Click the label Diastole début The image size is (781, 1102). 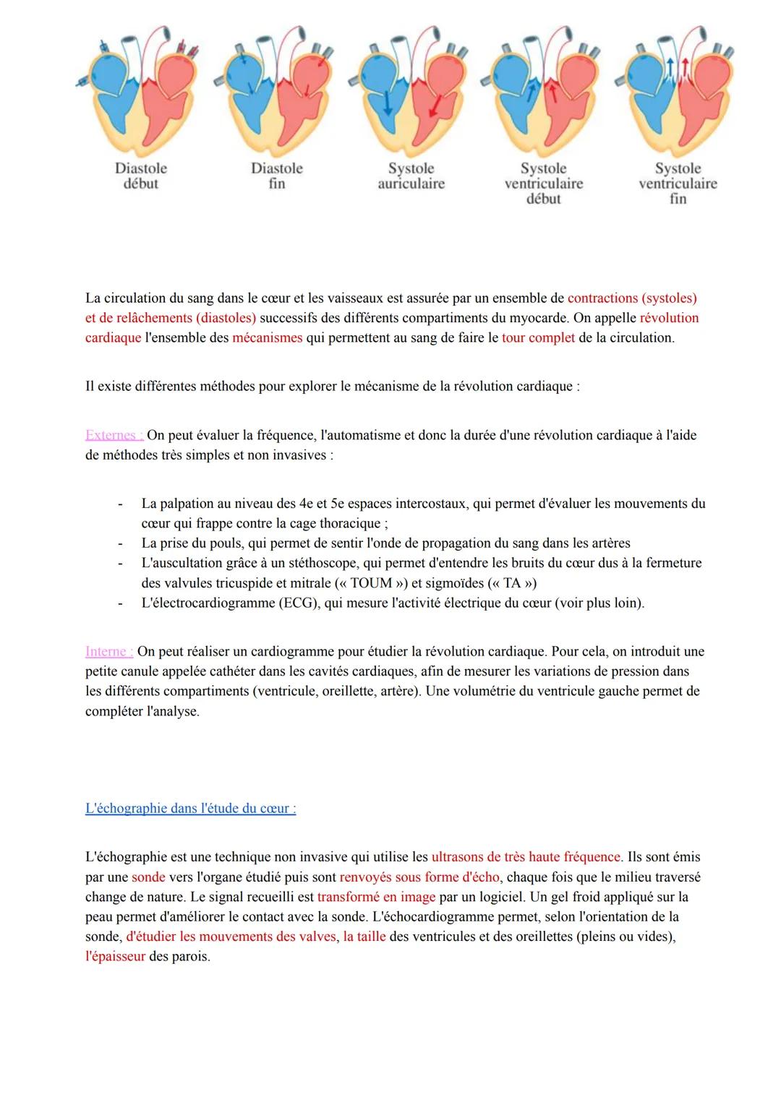pos(140,176)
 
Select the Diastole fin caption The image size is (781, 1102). pos(276,176)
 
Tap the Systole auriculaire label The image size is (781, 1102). pos(411,176)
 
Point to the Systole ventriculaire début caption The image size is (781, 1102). pos(543,184)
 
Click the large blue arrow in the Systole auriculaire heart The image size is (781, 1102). pos(387,103)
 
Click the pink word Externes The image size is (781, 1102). pos(114,435)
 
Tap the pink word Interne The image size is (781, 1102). pos(108,652)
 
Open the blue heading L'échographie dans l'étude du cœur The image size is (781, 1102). pos(190,809)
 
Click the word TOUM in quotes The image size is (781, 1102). pos(371,583)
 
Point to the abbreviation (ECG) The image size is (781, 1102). pos(299,603)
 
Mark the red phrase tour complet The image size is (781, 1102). pos(538,337)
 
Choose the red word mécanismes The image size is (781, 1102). pos(267,337)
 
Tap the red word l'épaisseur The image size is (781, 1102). pos(115,957)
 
